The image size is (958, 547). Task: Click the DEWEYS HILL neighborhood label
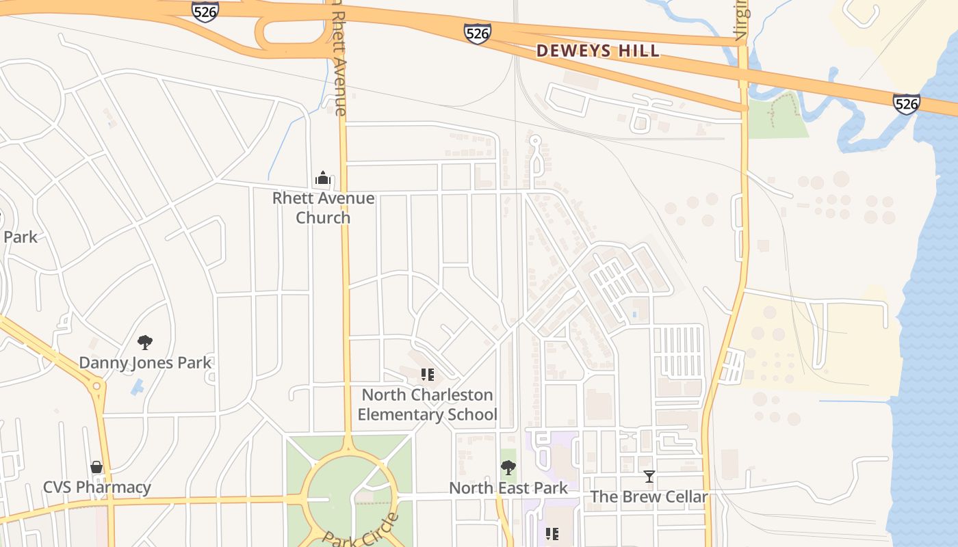point(598,51)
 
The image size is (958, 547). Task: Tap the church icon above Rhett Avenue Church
point(323,178)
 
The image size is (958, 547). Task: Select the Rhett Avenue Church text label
point(323,208)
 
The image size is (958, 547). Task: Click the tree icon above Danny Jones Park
point(144,342)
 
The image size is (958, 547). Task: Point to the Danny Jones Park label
point(145,362)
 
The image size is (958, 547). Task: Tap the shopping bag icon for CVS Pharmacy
point(96,467)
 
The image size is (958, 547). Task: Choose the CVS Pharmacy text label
point(96,488)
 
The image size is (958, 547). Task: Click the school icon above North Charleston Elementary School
point(428,375)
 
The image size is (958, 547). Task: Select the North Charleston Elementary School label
point(427,404)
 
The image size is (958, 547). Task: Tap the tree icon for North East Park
point(508,468)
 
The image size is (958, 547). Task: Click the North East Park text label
point(508,488)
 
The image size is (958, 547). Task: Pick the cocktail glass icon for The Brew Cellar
point(649,476)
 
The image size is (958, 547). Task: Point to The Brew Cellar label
point(649,496)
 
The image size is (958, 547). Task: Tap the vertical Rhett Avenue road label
point(340,62)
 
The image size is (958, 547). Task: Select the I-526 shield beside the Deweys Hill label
point(477,33)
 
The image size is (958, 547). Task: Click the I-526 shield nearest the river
point(906,103)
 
